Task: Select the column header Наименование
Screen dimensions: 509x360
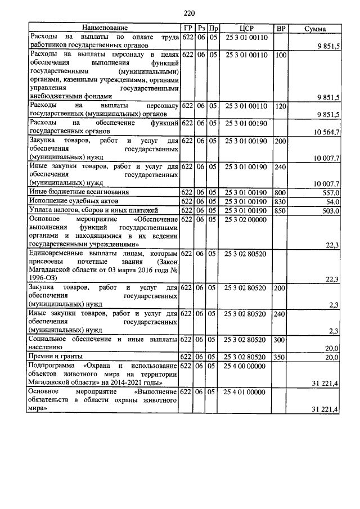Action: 105,28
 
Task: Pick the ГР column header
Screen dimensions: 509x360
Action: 188,28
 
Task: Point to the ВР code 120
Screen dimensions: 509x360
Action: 281,106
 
